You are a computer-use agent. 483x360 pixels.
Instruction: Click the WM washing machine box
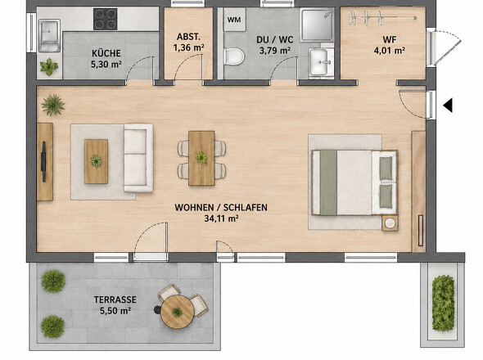(x=234, y=20)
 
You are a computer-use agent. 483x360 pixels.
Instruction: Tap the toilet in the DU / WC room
(x=234, y=56)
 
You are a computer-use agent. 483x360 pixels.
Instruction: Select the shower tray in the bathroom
(x=317, y=25)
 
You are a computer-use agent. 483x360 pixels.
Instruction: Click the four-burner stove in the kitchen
(x=106, y=19)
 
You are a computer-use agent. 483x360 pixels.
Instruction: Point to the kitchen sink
(x=49, y=35)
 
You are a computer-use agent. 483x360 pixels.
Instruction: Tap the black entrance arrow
(x=448, y=106)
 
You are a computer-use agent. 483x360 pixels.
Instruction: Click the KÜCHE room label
(x=106, y=53)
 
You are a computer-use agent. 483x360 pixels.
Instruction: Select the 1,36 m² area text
(x=188, y=47)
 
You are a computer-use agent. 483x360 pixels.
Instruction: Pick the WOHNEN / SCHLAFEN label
(x=221, y=208)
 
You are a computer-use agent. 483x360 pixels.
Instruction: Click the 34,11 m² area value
(x=222, y=218)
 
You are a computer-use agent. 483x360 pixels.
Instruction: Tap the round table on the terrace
(x=178, y=312)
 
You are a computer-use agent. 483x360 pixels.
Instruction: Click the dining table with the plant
(x=201, y=158)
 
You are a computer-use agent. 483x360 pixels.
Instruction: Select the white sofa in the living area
(x=138, y=158)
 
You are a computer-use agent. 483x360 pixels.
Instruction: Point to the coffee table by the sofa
(x=96, y=161)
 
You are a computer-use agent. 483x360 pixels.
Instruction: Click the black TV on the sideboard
(x=43, y=162)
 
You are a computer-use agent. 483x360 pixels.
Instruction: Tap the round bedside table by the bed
(x=390, y=223)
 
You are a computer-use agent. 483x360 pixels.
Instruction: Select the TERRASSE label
(x=115, y=299)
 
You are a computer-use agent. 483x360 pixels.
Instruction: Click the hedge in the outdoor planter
(x=443, y=304)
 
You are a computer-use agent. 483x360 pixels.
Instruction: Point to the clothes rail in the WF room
(x=383, y=18)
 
